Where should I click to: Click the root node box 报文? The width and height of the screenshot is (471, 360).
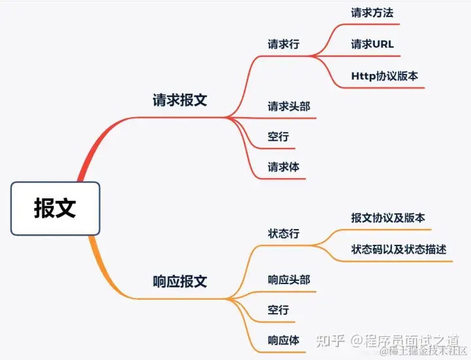coord(56,208)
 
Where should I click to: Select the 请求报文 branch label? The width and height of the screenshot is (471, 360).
coord(180,100)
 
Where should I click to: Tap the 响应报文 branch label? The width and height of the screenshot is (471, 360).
coord(180,281)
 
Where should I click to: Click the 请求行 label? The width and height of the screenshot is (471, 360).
coord(283,45)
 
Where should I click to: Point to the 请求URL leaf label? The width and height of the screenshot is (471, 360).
coord(372,45)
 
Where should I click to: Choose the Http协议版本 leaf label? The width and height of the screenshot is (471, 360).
coord(385,76)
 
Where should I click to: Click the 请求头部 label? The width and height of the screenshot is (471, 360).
coord(288,106)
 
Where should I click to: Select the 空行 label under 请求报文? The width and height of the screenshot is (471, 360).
coord(278,137)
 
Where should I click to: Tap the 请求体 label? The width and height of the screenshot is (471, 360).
coord(283,167)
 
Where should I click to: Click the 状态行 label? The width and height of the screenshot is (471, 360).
coord(283,234)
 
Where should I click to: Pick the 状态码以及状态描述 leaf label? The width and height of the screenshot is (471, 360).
coord(399,250)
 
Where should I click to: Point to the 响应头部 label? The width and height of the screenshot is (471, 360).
coord(288,279)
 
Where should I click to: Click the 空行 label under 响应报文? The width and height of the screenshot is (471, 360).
coord(278,310)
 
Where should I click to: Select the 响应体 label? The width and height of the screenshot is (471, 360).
coord(283,340)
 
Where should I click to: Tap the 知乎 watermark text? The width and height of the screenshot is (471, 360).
coord(330,340)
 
